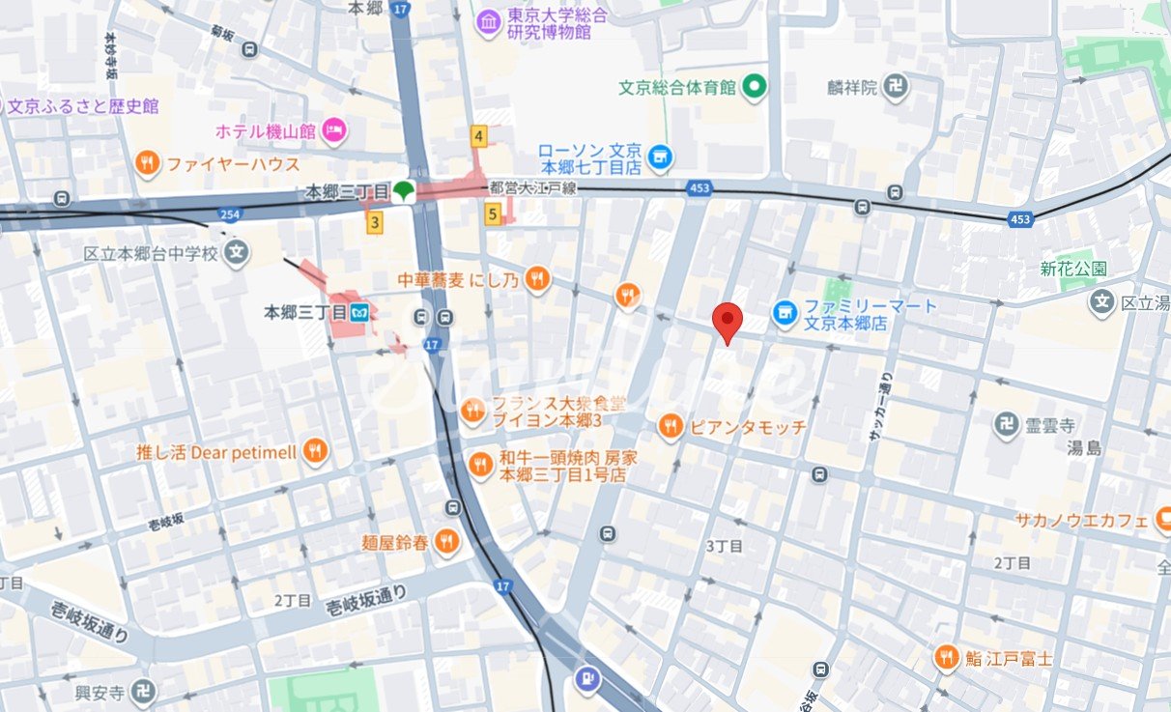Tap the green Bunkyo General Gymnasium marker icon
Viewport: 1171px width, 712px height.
click(754, 88)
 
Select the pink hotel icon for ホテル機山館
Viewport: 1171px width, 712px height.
click(334, 129)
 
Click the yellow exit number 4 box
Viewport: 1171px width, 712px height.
click(478, 136)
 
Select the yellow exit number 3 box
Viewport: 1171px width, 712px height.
click(375, 222)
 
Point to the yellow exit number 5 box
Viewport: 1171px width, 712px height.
click(493, 214)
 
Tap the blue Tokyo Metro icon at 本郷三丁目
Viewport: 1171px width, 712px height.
click(360, 312)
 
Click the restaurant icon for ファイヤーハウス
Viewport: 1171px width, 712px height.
click(148, 163)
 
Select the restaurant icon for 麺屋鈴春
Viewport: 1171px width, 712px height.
click(445, 543)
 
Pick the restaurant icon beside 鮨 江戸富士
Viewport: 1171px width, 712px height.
click(947, 659)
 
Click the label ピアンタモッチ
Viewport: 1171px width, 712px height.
click(748, 426)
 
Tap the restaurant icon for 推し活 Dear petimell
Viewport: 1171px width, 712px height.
click(314, 450)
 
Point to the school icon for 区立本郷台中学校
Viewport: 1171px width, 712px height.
click(236, 254)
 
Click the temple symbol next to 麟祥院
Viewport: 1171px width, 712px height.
click(897, 87)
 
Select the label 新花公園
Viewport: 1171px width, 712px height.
click(1073, 269)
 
